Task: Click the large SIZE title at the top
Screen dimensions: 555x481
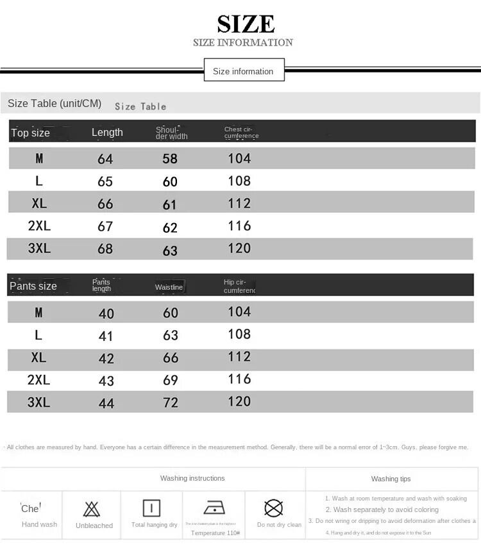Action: tap(246, 24)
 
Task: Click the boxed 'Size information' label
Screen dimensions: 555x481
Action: tap(243, 71)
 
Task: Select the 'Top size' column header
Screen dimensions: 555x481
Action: tap(30, 133)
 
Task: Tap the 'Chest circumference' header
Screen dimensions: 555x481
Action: tap(241, 133)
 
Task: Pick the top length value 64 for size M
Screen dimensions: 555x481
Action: tap(105, 159)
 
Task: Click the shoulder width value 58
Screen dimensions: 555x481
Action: tap(170, 159)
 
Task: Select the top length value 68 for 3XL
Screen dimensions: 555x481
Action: tap(105, 249)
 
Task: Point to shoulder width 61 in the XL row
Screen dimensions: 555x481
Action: tap(170, 204)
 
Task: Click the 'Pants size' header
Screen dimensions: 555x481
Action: tap(33, 286)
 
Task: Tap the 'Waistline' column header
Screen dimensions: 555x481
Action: tap(169, 287)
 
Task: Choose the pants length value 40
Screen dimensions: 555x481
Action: tap(106, 313)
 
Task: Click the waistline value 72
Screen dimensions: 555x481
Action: tap(171, 403)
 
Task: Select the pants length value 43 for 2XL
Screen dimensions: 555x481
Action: tap(106, 381)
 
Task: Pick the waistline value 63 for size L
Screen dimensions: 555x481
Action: tap(171, 335)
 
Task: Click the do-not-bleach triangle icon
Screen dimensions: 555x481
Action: tap(92, 509)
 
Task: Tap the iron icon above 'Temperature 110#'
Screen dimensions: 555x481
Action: tap(214, 508)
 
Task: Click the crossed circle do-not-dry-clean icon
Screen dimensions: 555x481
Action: tap(274, 508)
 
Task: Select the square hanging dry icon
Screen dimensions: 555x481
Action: tap(151, 508)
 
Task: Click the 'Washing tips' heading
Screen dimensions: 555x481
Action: tap(391, 479)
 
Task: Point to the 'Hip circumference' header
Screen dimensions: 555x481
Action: tap(239, 286)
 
